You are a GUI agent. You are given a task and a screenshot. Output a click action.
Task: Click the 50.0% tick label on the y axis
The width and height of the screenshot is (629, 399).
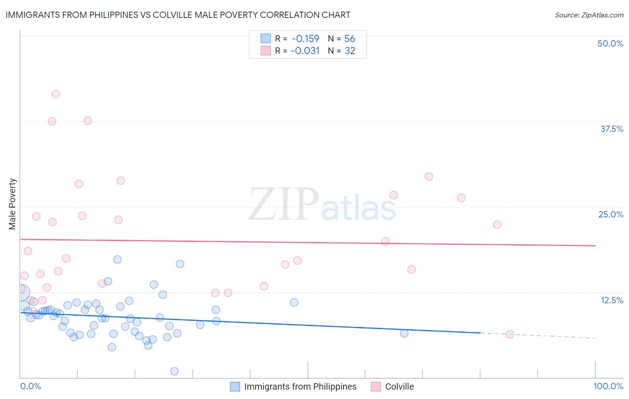point(610,43)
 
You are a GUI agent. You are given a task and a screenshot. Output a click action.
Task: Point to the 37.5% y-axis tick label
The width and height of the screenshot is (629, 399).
point(612,129)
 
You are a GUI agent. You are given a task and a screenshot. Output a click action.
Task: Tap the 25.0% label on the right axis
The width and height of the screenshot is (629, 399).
point(611,214)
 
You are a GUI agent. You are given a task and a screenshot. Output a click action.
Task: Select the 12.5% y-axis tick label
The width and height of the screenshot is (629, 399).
point(612,300)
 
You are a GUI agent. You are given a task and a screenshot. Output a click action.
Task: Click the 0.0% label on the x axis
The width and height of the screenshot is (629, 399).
point(30,386)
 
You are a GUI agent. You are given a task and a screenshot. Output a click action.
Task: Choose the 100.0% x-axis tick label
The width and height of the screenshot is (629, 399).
point(608,386)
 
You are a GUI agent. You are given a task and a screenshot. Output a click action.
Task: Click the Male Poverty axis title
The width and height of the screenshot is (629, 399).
point(12,204)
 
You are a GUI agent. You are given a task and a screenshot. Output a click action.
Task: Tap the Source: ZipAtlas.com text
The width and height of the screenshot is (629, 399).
point(589,15)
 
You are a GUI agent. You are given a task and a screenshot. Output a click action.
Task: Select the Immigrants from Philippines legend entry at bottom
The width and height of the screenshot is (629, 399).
point(293,386)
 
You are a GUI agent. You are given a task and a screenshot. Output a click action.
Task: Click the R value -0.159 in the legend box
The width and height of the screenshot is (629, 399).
point(305,39)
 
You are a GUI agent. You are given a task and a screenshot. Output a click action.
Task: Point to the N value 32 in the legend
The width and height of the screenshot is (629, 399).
point(350,51)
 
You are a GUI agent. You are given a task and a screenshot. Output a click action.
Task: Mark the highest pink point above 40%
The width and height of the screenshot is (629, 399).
point(56,94)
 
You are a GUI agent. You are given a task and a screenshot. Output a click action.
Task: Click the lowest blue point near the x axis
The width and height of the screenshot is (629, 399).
point(174,371)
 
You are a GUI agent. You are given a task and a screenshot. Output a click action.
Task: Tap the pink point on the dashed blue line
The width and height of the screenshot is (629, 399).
point(510,334)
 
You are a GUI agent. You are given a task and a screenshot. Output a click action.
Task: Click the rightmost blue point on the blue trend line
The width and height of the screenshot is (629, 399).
point(404,333)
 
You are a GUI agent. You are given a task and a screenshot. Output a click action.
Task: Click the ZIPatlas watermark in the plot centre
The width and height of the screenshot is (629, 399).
point(322,204)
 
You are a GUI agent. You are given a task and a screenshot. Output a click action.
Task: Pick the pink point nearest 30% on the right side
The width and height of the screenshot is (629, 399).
point(429,177)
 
